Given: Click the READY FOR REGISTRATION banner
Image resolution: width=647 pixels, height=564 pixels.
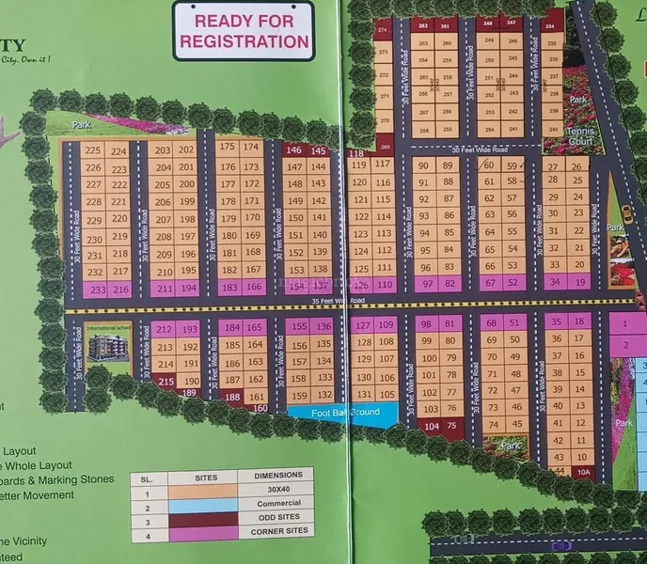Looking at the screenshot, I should point(244,30).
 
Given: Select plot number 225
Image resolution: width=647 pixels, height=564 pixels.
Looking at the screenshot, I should point(92,150).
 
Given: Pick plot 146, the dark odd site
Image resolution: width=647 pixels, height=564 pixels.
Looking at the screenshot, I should point(293,150).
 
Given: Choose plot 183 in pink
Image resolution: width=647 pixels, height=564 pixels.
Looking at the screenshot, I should point(229,288).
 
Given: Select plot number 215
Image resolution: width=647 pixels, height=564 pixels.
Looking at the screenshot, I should point(166,381).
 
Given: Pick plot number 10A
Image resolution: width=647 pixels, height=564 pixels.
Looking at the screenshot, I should point(583,473).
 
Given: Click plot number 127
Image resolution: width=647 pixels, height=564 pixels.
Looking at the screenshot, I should point(362,325).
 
